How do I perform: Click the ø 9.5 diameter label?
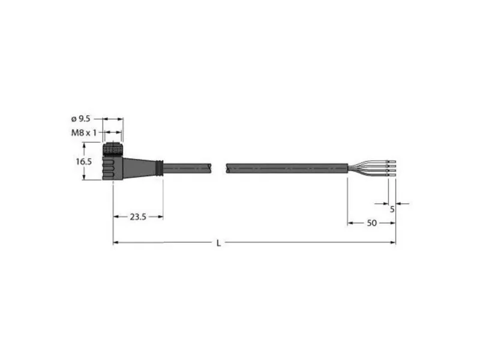pyautogui.click(x=81, y=118)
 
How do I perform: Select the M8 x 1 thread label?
pyautogui.click(x=84, y=133)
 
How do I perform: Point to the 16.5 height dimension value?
pyautogui.click(x=83, y=161)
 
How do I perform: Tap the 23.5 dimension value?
pyautogui.click(x=138, y=217)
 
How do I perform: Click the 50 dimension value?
pyautogui.click(x=371, y=223)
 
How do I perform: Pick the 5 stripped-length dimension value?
pyautogui.click(x=392, y=209)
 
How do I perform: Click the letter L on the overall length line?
pyautogui.click(x=218, y=243)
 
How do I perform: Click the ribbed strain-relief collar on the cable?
pyautogui.click(x=159, y=168)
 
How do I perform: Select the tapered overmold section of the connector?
pyautogui.click(x=139, y=168)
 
